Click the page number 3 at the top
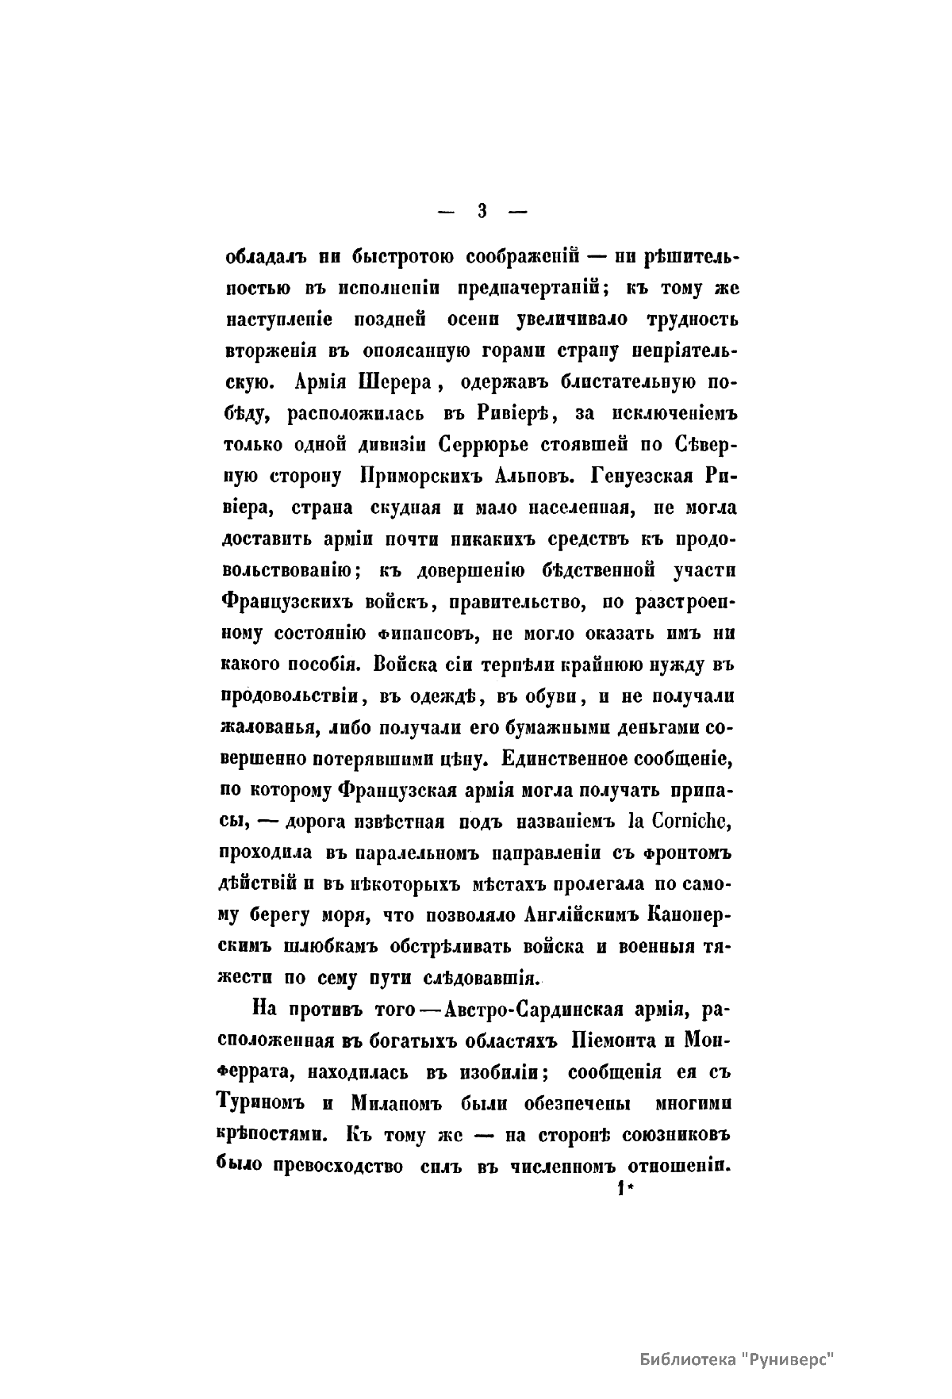click(x=481, y=211)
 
